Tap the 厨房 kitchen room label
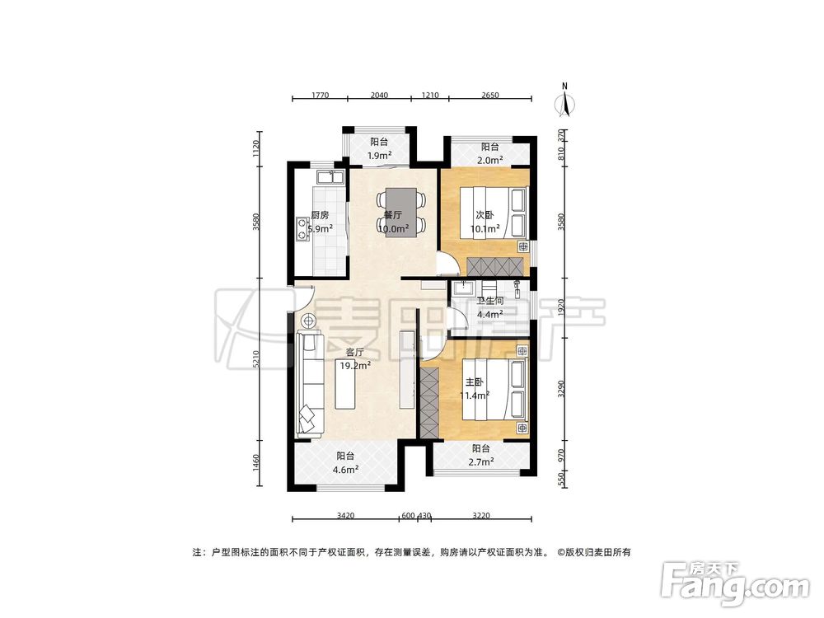(x=320, y=215)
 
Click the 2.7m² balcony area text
(x=481, y=462)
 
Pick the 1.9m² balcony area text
(x=379, y=155)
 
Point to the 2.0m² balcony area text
(x=491, y=161)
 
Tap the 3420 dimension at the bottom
(x=345, y=516)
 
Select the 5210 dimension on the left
(x=257, y=359)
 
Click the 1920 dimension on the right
(x=563, y=309)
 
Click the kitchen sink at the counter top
(x=327, y=176)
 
